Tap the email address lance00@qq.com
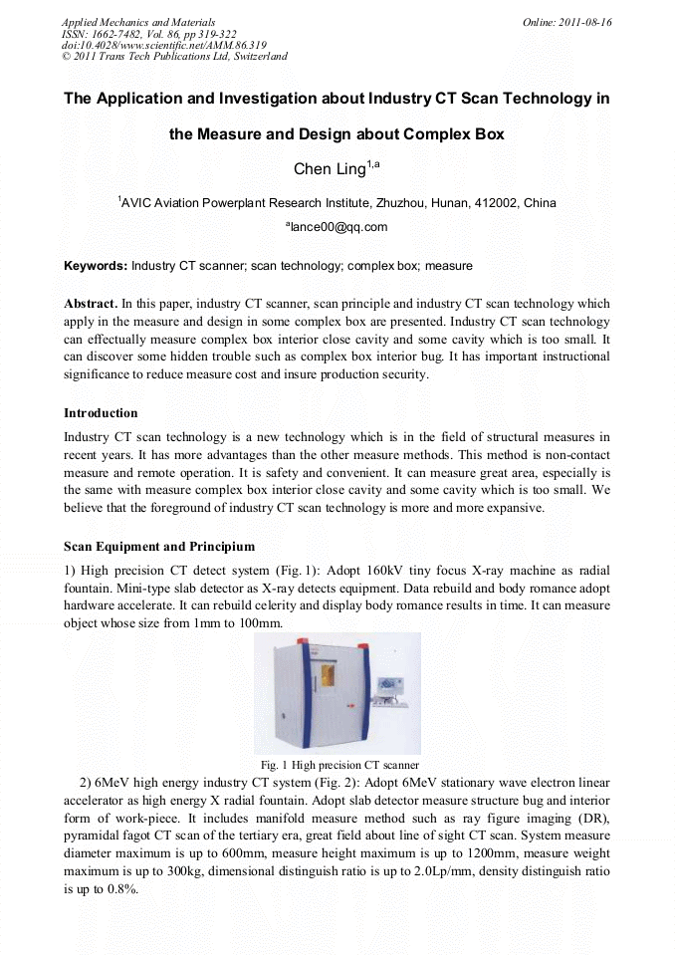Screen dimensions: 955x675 (337, 227)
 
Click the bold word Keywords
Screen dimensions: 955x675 (96, 266)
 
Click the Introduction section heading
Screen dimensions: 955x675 (101, 412)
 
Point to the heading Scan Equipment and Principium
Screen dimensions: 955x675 (159, 546)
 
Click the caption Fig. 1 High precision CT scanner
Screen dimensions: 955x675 (338, 764)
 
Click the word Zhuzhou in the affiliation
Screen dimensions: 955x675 (401, 203)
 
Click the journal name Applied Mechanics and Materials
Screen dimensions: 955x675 (138, 22)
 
